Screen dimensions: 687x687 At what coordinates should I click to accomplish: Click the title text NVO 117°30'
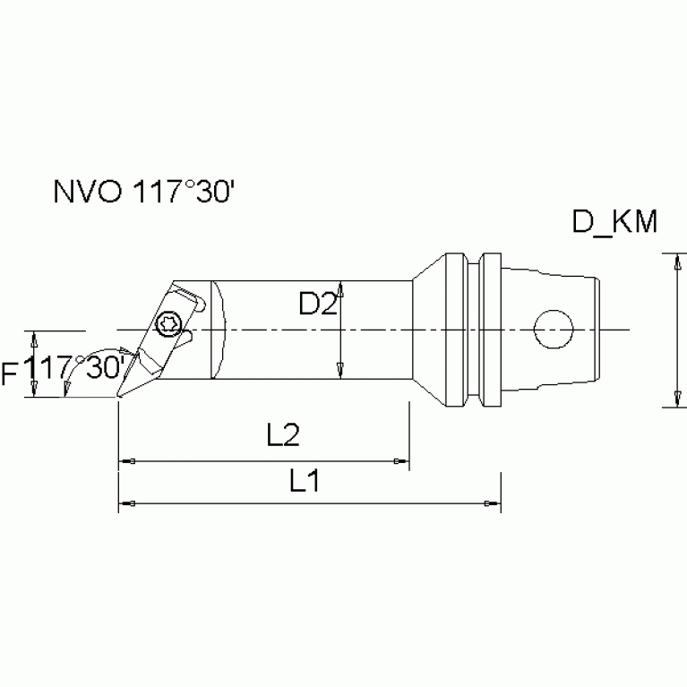pyautogui.click(x=142, y=194)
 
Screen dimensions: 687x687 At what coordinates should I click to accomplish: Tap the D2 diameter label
pyautogui.click(x=317, y=305)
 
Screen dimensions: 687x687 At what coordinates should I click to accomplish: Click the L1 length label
pyautogui.click(x=305, y=481)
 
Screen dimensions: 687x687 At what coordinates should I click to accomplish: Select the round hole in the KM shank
pyautogui.click(x=552, y=329)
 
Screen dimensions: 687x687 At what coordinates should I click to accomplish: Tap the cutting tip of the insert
pyautogui.click(x=120, y=395)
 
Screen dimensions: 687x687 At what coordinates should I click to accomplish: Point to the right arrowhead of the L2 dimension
pyautogui.click(x=400, y=461)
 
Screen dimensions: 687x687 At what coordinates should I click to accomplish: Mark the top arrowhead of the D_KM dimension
pyautogui.click(x=674, y=261)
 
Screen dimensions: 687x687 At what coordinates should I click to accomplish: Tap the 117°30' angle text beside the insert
pyautogui.click(x=75, y=368)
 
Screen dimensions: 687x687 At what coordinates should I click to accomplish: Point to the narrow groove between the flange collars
pyautogui.click(x=476, y=330)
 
